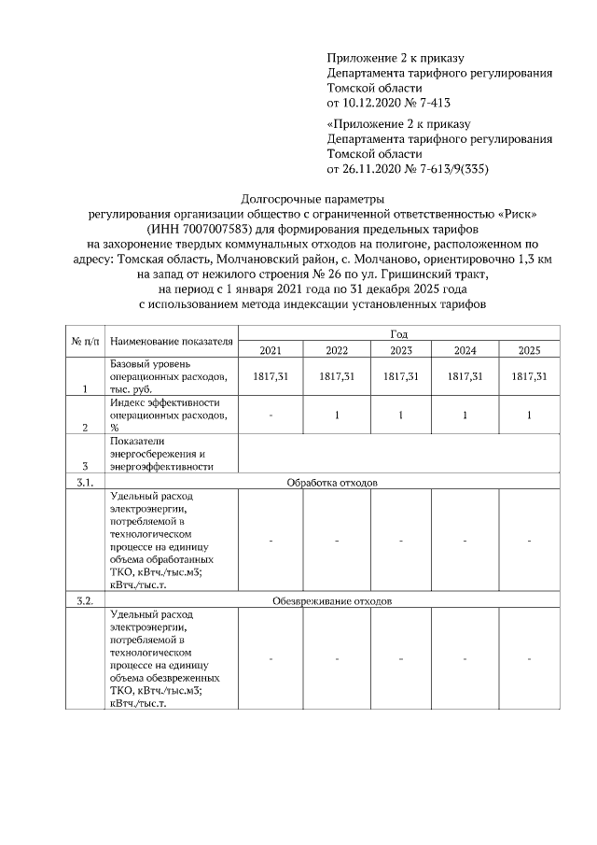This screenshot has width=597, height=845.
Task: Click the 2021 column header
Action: point(271,350)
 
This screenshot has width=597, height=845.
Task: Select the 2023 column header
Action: point(400,350)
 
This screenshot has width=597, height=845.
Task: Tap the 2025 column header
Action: point(529,350)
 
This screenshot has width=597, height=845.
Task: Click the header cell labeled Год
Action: point(398,333)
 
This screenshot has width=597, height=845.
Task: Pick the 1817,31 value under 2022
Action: point(336,375)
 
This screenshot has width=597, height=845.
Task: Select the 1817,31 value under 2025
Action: point(529,375)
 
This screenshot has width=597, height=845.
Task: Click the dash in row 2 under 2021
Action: point(271,415)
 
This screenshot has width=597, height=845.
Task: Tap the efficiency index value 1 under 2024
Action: point(465,415)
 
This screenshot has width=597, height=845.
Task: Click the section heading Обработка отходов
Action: point(331,483)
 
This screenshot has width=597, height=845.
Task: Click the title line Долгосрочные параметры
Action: point(312,199)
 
